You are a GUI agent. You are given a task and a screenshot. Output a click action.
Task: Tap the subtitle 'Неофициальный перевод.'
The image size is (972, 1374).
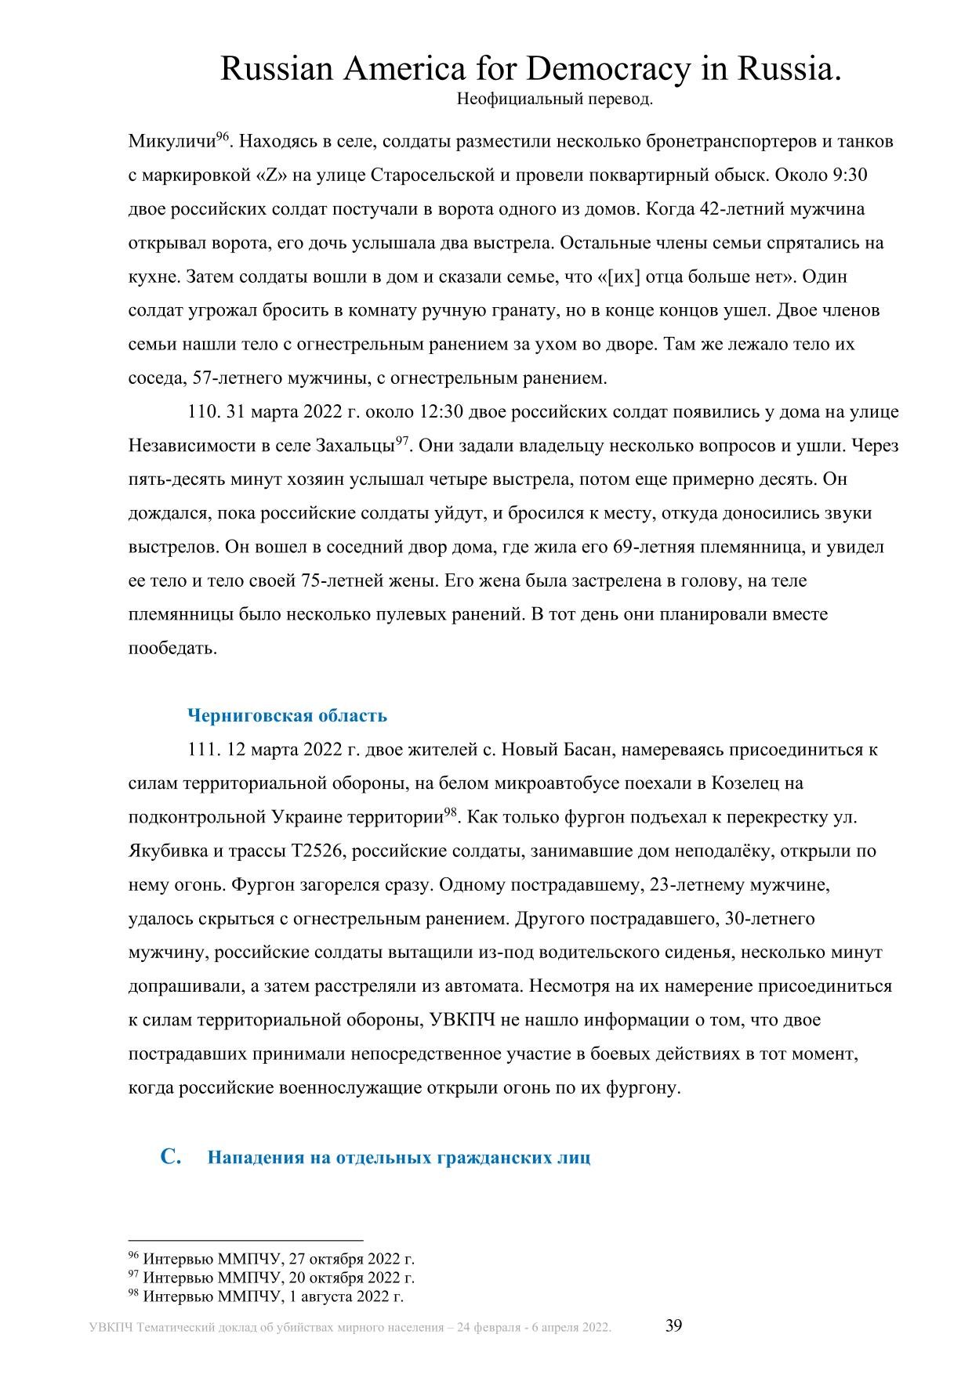[553, 99]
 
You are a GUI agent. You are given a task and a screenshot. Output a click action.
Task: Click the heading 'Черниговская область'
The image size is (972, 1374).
[287, 715]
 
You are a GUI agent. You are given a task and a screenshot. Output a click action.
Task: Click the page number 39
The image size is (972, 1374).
[674, 1325]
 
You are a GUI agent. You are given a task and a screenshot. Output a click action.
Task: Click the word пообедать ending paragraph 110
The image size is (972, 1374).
[172, 649]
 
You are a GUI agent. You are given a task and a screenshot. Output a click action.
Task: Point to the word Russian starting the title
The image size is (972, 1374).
[276, 70]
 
